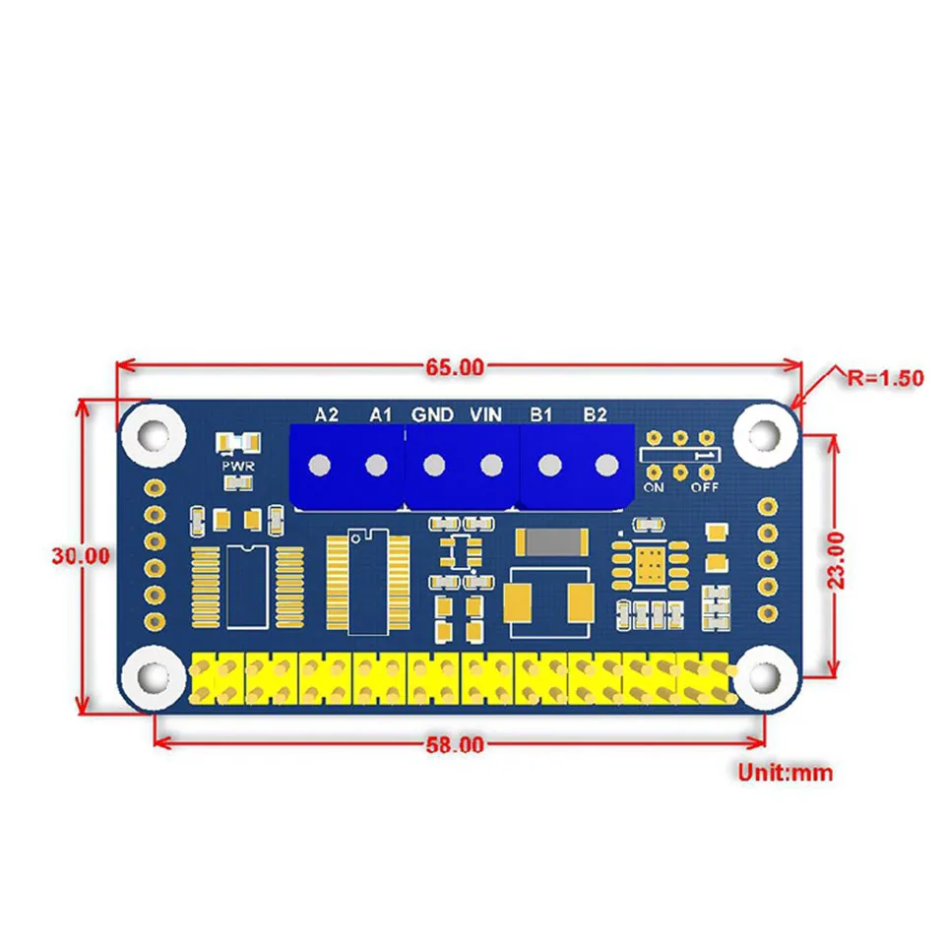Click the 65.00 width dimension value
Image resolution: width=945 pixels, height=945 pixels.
pyautogui.click(x=455, y=368)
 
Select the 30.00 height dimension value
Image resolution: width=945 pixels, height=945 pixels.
pyautogui.click(x=81, y=555)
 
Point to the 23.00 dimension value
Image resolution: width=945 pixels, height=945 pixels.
pyautogui.click(x=836, y=559)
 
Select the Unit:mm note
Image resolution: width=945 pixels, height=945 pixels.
pyautogui.click(x=785, y=773)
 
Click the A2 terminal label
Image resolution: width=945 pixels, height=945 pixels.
pyautogui.click(x=327, y=414)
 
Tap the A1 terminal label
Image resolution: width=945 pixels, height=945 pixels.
pyautogui.click(x=381, y=414)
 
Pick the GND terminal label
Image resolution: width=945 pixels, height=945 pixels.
pyautogui.click(x=432, y=414)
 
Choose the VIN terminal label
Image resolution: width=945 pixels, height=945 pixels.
pyautogui.click(x=487, y=414)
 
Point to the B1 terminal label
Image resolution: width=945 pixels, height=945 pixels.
pyautogui.click(x=540, y=414)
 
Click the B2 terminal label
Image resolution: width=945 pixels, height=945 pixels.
pyautogui.click(x=594, y=414)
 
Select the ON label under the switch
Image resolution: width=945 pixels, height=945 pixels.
pyautogui.click(x=654, y=486)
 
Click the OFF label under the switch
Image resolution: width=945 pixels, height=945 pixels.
pyautogui.click(x=704, y=486)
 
